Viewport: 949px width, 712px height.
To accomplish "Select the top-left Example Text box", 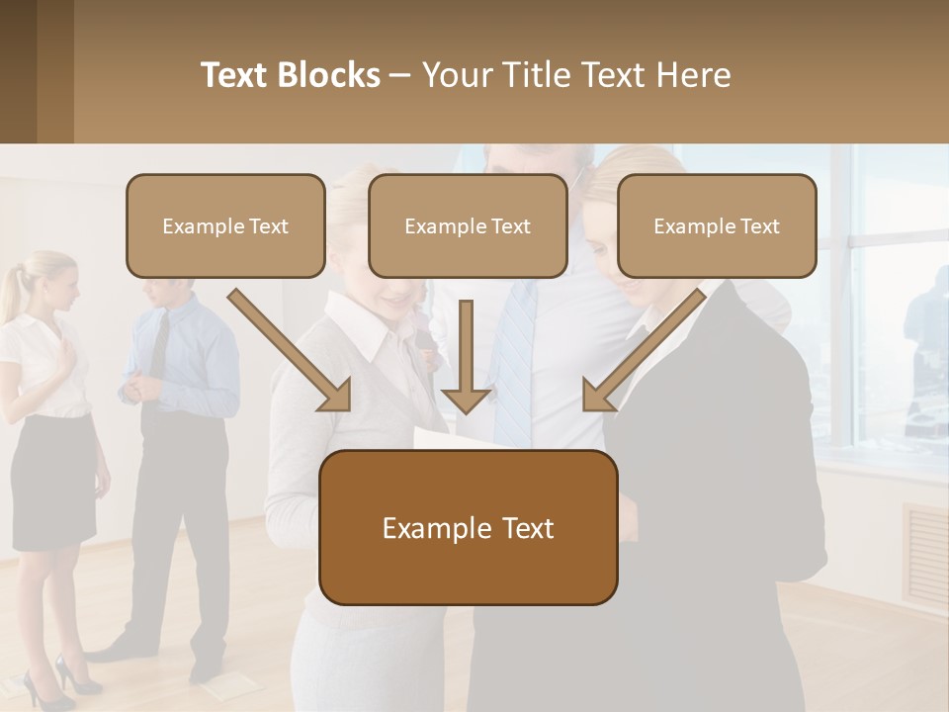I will pyautogui.click(x=225, y=225).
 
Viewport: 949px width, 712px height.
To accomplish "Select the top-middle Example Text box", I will pyautogui.click(x=468, y=225).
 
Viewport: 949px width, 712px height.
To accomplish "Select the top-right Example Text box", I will pyautogui.click(x=717, y=225).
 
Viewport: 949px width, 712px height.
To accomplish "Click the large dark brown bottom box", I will pyautogui.click(x=468, y=528).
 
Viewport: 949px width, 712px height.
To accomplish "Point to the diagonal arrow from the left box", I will pyautogui.click(x=291, y=350).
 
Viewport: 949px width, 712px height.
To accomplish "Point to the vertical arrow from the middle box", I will pyautogui.click(x=467, y=356).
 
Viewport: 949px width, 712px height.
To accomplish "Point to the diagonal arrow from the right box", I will pyautogui.click(x=643, y=350).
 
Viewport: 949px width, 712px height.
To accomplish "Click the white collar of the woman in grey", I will pyautogui.click(x=371, y=331).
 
